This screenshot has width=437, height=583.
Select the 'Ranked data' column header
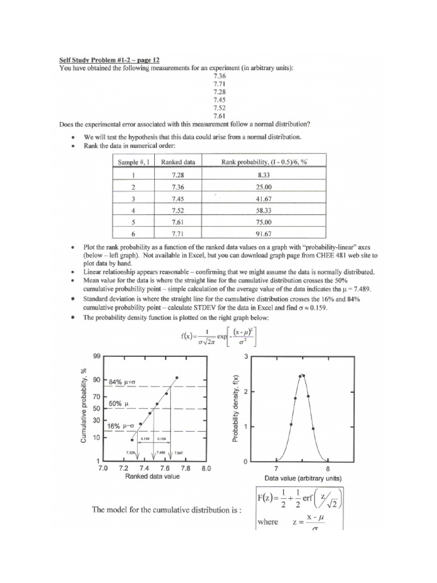click(x=178, y=162)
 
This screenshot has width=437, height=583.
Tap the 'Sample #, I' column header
click(x=134, y=162)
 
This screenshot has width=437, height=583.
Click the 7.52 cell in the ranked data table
click(x=178, y=211)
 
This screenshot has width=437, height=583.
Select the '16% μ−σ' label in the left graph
click(x=121, y=425)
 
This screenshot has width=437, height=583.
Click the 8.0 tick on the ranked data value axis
click(x=206, y=468)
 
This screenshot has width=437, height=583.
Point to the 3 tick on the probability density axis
click(x=245, y=356)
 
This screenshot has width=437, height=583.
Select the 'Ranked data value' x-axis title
click(x=152, y=476)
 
